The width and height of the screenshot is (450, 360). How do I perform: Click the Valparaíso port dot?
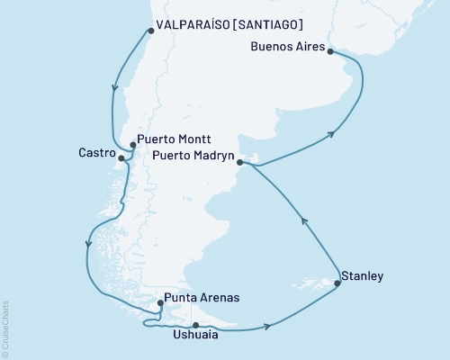pyautogui.click(x=150, y=31)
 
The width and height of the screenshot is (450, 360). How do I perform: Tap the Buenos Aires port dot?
pyautogui.click(x=330, y=52)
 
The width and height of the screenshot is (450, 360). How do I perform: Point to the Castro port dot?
pyautogui.click(x=121, y=158)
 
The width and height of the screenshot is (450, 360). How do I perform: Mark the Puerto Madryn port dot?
pyautogui.click(x=239, y=163)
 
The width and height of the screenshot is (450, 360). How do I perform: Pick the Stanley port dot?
pyautogui.click(x=337, y=283)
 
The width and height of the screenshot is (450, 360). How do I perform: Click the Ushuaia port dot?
pyautogui.click(x=195, y=325)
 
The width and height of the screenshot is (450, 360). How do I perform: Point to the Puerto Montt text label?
pyautogui.click(x=175, y=140)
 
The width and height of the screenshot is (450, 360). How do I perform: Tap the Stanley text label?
pyautogui.click(x=364, y=275)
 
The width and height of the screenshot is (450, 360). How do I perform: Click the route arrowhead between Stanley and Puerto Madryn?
pyautogui.click(x=303, y=220)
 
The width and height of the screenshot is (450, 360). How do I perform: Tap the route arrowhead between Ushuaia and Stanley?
pyautogui.click(x=267, y=328)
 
